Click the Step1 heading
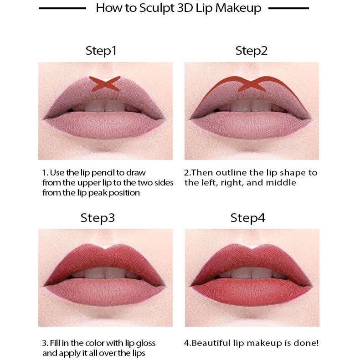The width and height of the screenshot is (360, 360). (x=101, y=51)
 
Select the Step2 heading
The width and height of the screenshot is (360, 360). (x=251, y=51)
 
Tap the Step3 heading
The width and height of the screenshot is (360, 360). (x=98, y=217)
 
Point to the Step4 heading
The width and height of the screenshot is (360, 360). (x=247, y=217)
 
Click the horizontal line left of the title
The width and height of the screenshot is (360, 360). (x=62, y=8)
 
